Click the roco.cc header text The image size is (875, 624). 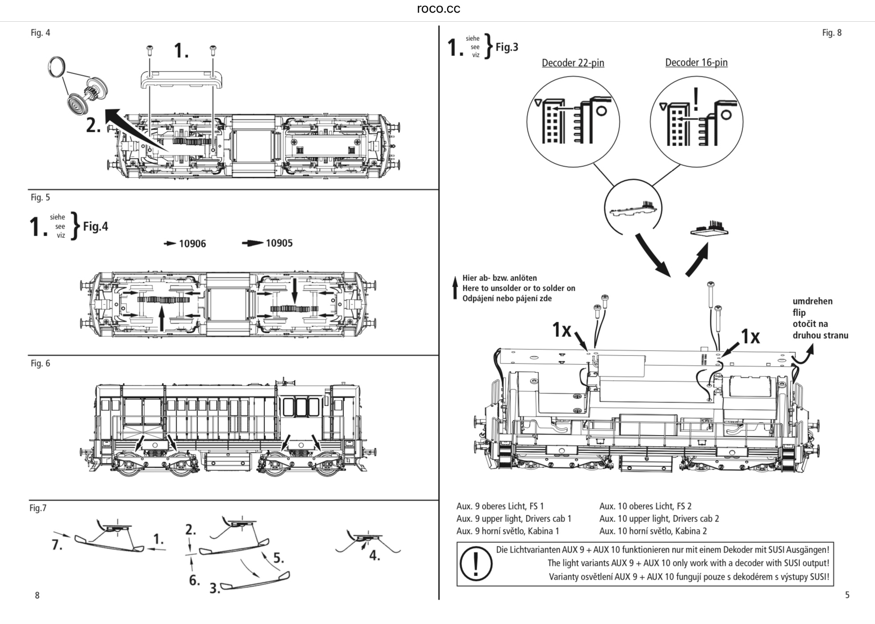(x=438, y=9)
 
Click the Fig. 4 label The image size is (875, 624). (x=40, y=33)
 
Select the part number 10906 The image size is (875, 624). (x=192, y=244)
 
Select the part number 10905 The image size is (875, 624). (x=279, y=243)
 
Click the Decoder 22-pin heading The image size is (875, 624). (x=573, y=63)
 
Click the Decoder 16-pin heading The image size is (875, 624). (x=696, y=63)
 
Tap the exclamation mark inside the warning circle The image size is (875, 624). (x=476, y=564)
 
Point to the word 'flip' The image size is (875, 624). (x=799, y=312)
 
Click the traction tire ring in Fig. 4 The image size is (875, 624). (x=57, y=67)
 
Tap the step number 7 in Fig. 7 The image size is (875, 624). (x=57, y=545)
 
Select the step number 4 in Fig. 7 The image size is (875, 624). (x=375, y=556)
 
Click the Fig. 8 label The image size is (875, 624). (x=831, y=33)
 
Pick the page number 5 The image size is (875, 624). (x=847, y=595)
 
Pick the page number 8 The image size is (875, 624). (x=37, y=596)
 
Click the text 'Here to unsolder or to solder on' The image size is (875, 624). (x=519, y=288)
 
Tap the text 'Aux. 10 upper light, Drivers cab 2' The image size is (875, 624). (x=659, y=518)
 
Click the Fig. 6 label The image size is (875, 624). (x=40, y=363)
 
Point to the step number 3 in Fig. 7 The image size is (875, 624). (x=215, y=589)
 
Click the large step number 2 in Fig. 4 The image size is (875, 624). (x=93, y=126)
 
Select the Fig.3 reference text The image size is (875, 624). (x=507, y=47)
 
